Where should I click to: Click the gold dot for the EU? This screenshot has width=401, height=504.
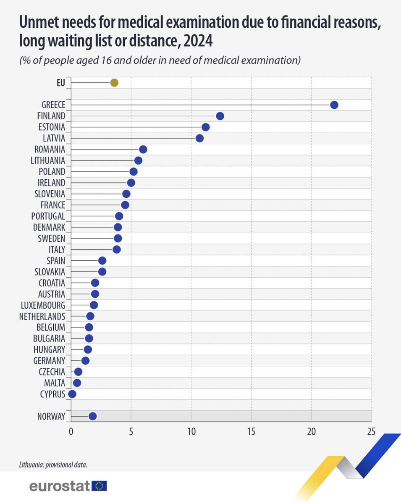[114, 83]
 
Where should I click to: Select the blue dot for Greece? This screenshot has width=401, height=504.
[334, 105]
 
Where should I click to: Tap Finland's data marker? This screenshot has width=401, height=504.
[220, 116]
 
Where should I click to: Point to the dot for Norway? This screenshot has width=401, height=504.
[92, 416]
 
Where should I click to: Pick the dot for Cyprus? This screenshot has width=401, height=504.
[72, 394]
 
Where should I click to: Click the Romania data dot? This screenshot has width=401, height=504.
[143, 150]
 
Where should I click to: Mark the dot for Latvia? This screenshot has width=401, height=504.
[199, 138]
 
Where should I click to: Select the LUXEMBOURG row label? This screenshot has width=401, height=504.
[43, 305]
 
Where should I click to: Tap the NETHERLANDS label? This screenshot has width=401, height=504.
[42, 316]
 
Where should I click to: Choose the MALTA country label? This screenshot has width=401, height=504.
[55, 383]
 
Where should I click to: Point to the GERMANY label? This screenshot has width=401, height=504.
[50, 361]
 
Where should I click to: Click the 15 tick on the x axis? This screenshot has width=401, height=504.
[251, 432]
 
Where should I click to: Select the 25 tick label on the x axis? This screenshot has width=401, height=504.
[371, 432]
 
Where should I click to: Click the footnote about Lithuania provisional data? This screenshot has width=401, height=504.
[55, 465]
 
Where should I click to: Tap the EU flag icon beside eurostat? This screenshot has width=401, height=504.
[99, 486]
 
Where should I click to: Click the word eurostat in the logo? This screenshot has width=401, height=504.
[59, 486]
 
